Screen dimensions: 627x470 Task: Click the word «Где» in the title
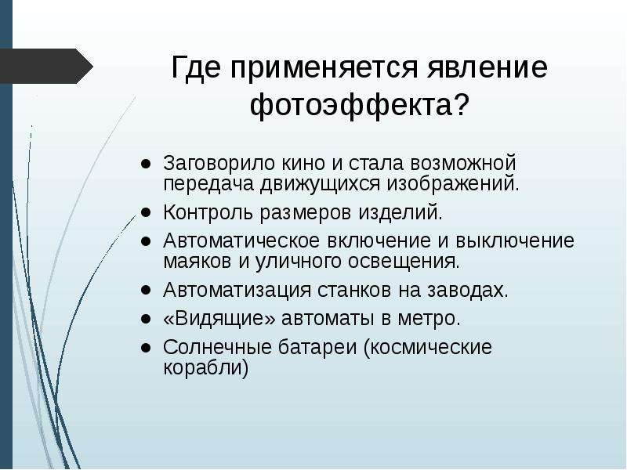pos(196,67)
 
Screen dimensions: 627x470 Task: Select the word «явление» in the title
pos(486,67)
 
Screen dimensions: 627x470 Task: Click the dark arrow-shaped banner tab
pos(46,66)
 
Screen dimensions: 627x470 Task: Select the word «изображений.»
pos(453,184)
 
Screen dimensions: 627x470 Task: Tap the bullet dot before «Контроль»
pos(146,211)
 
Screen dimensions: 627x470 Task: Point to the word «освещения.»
pos(404,262)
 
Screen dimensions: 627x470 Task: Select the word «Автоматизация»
pos(237,290)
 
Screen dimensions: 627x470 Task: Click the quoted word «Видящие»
pos(219,319)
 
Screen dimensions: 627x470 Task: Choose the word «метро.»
pos(429,319)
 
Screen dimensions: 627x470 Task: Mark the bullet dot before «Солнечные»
pos(146,347)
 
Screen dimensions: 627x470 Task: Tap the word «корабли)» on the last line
pos(205,367)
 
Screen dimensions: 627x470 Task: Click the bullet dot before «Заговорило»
pos(146,163)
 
